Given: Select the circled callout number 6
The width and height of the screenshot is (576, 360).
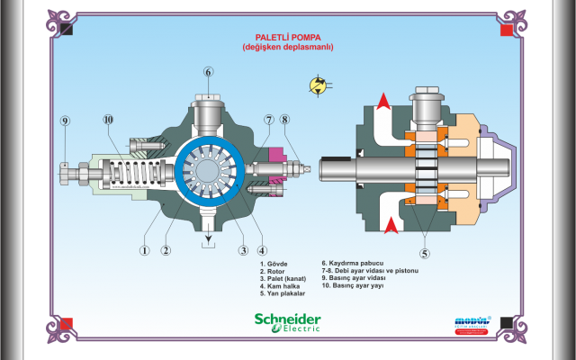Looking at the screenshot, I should [x=208, y=72].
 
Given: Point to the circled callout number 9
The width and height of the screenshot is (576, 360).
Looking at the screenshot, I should [x=65, y=121].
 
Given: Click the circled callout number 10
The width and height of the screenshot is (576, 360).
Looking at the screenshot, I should [x=108, y=119].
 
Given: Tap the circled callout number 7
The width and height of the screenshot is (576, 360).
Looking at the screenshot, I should [x=268, y=120].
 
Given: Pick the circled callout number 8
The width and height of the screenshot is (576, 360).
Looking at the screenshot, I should [x=284, y=120].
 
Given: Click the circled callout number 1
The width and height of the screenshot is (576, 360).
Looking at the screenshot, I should [x=143, y=251].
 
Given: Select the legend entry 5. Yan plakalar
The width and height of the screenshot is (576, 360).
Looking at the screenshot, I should [x=283, y=293].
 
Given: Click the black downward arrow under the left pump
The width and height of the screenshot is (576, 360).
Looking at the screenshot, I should [x=208, y=237].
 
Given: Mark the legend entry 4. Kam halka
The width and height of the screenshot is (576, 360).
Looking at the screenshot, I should [x=278, y=286].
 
